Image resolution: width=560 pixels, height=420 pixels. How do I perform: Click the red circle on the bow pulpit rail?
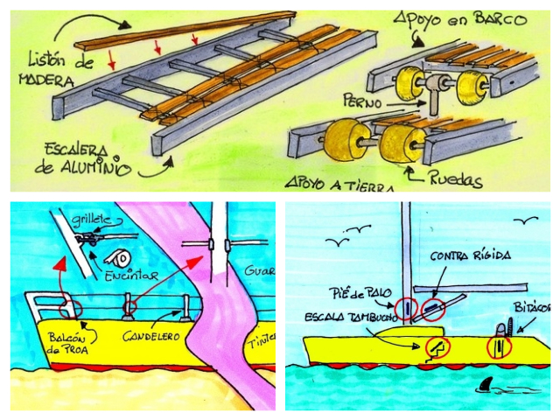coord(68,308)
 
